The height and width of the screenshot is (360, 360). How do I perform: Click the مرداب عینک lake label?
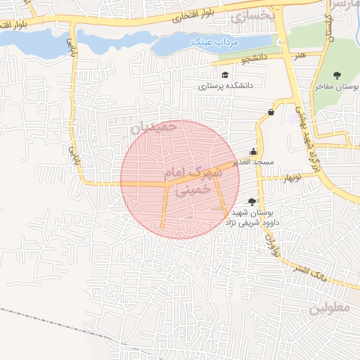215,42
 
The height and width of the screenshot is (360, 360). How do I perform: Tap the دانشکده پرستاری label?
224,86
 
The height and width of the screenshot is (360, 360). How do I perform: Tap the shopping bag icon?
271,112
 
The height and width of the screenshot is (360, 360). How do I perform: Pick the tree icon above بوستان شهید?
252,202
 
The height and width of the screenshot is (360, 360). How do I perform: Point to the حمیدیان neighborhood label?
151,127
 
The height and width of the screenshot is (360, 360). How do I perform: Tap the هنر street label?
301,55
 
